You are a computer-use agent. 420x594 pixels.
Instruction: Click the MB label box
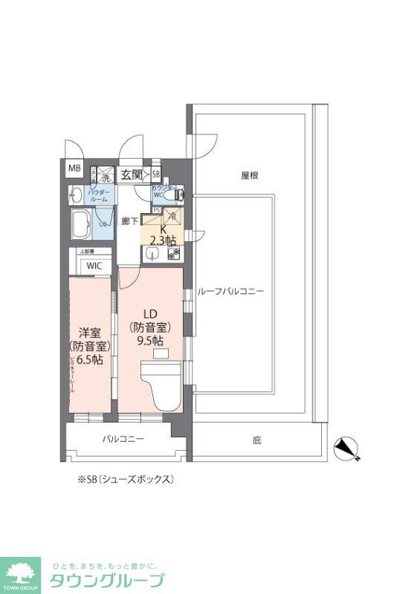coord(74,169)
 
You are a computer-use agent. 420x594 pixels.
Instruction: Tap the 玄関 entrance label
coord(132,174)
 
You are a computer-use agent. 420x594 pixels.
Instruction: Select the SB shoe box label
coord(156,174)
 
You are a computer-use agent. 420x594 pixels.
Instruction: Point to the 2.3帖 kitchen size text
coord(163,240)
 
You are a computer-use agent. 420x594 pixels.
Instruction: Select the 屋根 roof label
coord(249,176)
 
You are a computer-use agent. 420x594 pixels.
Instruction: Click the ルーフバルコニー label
coord(230,292)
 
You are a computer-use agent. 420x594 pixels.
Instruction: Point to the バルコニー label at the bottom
coord(123,439)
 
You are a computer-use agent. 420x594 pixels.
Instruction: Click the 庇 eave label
coord(256,440)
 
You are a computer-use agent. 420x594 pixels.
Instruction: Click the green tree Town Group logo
coord(23,574)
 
